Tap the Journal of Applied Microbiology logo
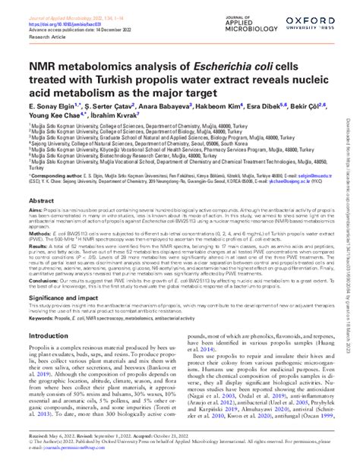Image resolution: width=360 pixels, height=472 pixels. (252, 14)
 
